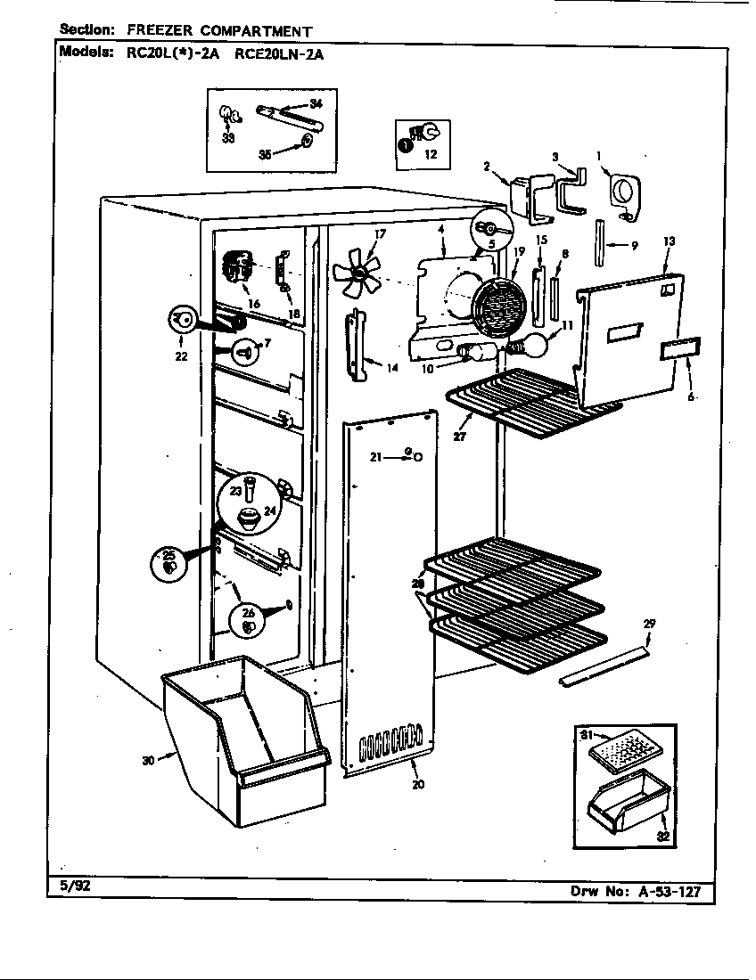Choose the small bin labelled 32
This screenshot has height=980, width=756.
point(628,800)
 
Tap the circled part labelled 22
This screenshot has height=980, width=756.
point(181,319)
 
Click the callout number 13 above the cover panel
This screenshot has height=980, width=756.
point(669,242)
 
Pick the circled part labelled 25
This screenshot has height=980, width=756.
point(169,563)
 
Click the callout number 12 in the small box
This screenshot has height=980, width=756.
point(431,153)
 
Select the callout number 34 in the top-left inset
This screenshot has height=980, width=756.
point(315,104)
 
